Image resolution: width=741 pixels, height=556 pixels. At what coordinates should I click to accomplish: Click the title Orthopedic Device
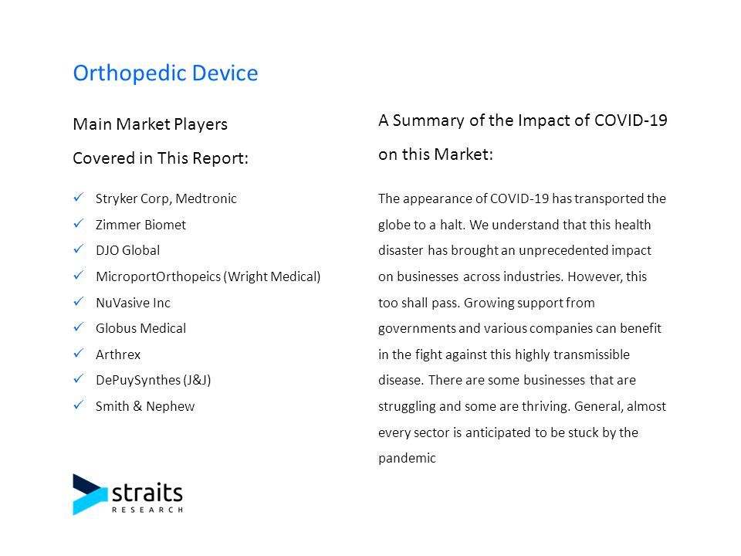click(x=165, y=74)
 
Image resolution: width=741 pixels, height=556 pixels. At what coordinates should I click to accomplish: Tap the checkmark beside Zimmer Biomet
click(x=79, y=223)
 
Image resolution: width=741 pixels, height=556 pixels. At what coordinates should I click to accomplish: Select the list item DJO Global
click(x=127, y=250)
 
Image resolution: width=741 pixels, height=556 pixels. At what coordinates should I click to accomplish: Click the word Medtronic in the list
click(x=206, y=198)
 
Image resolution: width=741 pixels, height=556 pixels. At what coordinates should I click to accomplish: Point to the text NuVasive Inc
click(x=133, y=303)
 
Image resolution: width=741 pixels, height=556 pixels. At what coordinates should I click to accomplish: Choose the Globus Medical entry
click(x=140, y=328)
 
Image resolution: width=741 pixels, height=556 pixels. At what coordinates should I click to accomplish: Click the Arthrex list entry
click(x=118, y=354)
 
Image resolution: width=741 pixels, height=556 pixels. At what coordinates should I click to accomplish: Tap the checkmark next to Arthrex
click(x=79, y=353)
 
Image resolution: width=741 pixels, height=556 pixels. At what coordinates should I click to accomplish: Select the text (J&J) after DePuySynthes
click(x=197, y=380)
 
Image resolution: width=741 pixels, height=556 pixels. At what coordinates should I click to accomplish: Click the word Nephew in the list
click(x=170, y=406)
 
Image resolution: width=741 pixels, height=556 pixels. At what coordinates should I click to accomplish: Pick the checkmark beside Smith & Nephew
click(x=79, y=405)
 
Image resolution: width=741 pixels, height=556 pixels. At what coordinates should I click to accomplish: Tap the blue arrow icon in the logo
click(x=90, y=494)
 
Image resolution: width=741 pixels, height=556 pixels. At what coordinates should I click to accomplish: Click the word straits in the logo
click(x=147, y=493)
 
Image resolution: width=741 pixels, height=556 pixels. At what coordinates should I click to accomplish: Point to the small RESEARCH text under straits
click(x=147, y=510)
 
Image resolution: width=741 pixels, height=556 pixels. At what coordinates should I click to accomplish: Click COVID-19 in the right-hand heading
click(x=631, y=120)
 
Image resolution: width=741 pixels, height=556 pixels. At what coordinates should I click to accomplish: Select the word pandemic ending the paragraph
click(x=407, y=458)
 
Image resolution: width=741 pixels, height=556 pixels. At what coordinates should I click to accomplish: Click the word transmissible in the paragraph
click(x=591, y=354)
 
